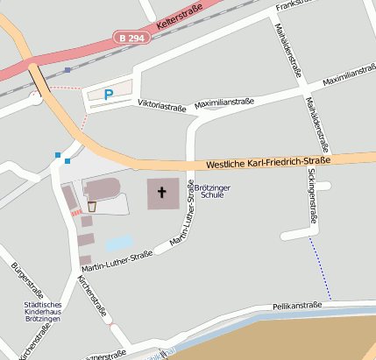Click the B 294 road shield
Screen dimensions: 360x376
[x=131, y=38]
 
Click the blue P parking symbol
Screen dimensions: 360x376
[x=109, y=94]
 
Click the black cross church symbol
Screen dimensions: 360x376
[x=162, y=192]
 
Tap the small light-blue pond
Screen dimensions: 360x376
[x=119, y=242]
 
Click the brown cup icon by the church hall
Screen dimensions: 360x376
[x=91, y=207]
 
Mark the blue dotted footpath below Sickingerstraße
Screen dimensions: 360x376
[x=322, y=268]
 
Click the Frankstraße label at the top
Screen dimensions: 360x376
[x=294, y=6]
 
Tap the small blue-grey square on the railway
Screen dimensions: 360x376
[x=67, y=70]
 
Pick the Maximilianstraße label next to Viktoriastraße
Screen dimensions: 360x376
[x=223, y=102]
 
